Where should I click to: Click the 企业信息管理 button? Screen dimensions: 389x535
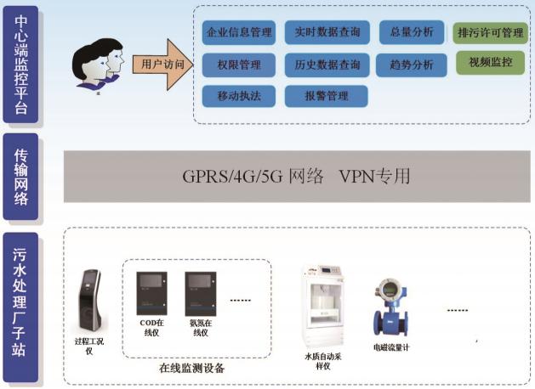click(239, 33)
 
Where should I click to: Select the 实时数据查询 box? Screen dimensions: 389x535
click(327, 33)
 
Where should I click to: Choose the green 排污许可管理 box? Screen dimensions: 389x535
click(490, 33)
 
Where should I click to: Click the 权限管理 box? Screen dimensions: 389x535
click(239, 65)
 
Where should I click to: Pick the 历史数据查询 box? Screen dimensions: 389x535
click(327, 65)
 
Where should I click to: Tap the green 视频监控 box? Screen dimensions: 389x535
click(490, 63)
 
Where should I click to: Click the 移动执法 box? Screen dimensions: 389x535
click(239, 95)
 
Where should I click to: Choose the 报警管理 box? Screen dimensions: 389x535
click(327, 95)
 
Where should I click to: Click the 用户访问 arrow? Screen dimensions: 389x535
click(162, 64)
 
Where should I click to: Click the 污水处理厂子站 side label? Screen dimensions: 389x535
click(20, 307)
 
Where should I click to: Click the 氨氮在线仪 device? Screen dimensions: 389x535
click(202, 294)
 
